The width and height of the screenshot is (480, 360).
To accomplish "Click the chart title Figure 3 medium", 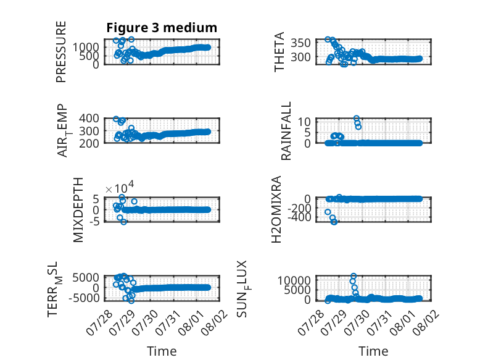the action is [x=162, y=28].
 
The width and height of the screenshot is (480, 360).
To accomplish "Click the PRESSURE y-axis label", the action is [x=61, y=52].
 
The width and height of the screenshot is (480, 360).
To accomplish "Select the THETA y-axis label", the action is [x=279, y=52].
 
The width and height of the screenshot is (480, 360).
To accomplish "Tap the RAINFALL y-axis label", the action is [x=286, y=131].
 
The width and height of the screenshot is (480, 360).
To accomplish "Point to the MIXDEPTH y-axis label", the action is [x=78, y=210].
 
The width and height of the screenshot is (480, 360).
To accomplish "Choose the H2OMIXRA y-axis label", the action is [x=276, y=209].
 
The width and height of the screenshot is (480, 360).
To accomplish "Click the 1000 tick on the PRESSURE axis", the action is [x=86, y=47].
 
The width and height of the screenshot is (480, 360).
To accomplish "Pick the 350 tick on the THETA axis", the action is [x=300, y=43].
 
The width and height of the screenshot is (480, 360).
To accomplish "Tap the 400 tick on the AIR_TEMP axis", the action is [x=89, y=118].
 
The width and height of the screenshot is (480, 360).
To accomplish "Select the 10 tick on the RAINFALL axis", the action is [x=304, y=122].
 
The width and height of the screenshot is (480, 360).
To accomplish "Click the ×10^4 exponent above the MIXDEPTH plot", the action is [x=120, y=188].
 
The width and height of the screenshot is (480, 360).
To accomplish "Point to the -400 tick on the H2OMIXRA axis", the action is [x=299, y=217].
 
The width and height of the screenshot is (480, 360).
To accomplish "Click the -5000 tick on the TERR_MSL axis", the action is [x=84, y=298].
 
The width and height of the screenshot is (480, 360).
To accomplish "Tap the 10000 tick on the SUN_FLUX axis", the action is [x=294, y=280].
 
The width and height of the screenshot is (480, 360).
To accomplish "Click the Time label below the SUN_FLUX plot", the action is [x=373, y=351].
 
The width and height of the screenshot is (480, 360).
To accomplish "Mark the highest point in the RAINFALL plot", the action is [x=357, y=119].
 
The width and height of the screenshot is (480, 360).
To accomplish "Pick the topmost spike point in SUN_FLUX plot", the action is [x=354, y=276].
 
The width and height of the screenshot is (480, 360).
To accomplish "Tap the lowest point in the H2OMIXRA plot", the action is [x=334, y=222].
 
